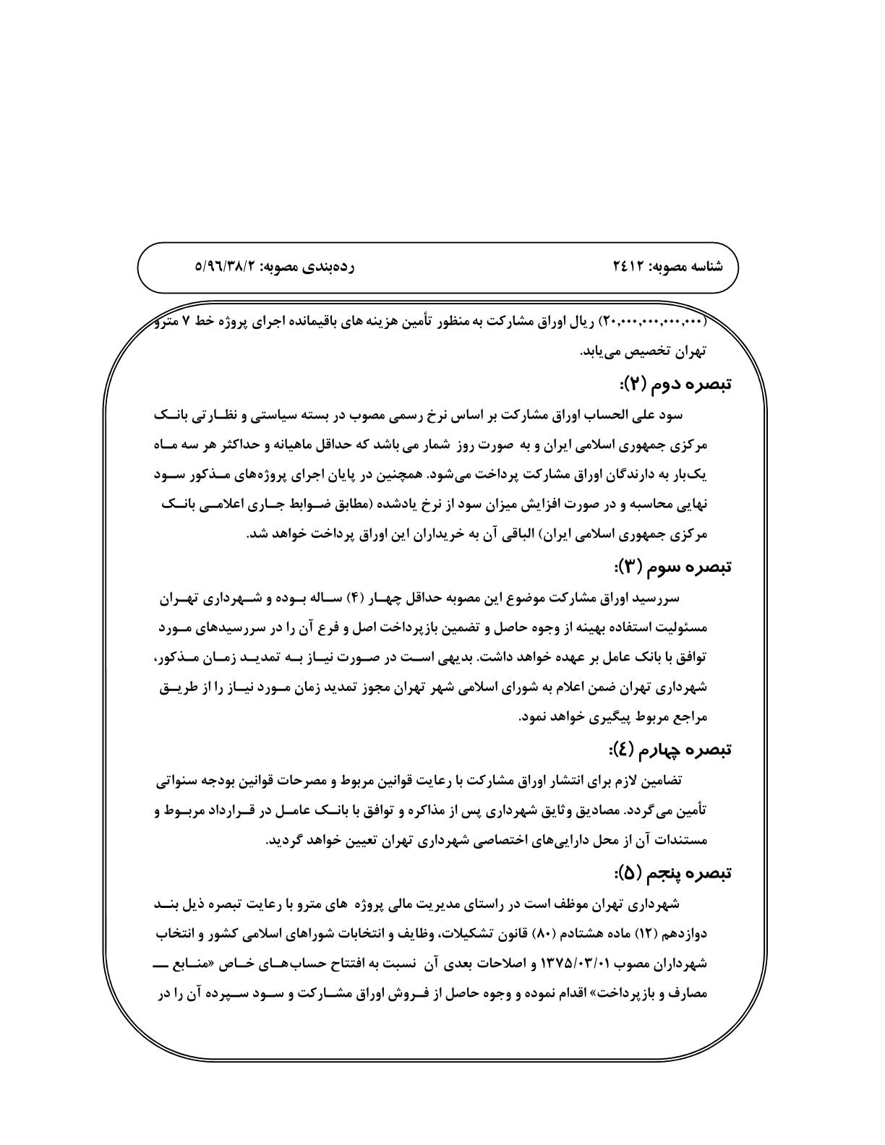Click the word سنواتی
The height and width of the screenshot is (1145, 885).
178,781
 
